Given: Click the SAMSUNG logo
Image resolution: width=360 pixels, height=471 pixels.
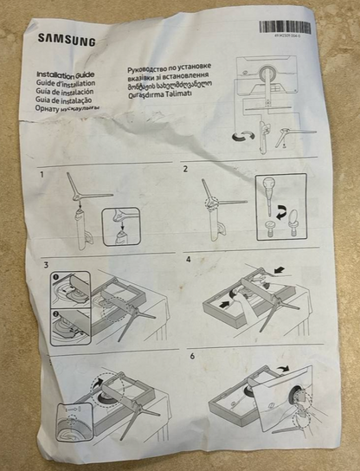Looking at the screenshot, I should pos(67,40).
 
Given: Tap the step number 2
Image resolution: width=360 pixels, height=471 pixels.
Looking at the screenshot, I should pos(185,169).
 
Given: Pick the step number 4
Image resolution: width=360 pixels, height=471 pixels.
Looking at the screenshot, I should pos(189,259).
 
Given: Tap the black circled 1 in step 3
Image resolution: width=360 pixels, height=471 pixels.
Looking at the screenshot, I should pos(55,278).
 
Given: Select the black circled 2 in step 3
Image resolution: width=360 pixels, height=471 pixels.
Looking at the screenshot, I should pos(56,314).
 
